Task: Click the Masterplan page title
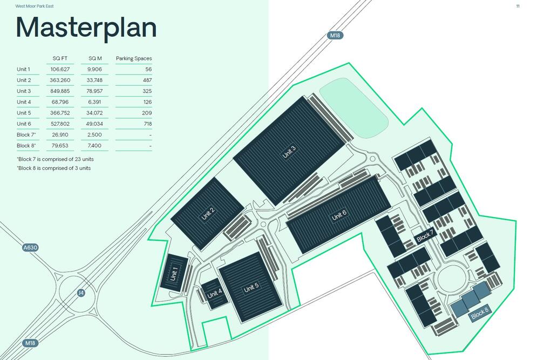pos(86,28)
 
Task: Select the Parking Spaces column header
pos(133,59)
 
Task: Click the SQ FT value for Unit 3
pos(60,91)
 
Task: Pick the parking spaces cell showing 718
pos(147,124)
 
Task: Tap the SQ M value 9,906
pos(94,69)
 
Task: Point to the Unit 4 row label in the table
pos(24,102)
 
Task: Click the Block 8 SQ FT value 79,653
pos(60,146)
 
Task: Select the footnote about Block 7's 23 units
pos(55,159)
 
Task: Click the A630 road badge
pos(30,248)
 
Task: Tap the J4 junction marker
pos(81,293)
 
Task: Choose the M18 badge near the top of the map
pos(335,35)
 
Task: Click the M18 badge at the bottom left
pos(30,343)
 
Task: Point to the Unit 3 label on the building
pos(289,152)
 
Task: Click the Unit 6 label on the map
pos(339,215)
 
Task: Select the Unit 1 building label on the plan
pos(174,274)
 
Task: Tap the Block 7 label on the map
pos(425,235)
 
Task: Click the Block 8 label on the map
pos(479,313)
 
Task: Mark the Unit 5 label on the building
pos(251,287)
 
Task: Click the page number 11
pos(518,6)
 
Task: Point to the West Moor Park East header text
pos(34,6)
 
